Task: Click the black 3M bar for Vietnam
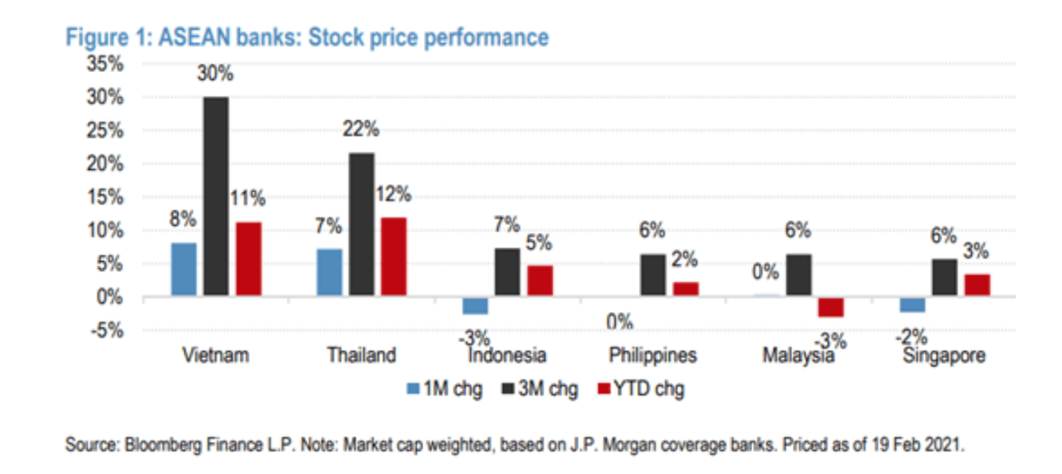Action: point(216,197)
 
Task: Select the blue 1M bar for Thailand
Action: point(329,273)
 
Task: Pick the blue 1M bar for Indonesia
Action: point(475,305)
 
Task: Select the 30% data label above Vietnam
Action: point(216,78)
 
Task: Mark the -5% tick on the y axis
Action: point(108,331)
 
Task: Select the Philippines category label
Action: point(653,356)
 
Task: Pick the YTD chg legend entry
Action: point(641,389)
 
